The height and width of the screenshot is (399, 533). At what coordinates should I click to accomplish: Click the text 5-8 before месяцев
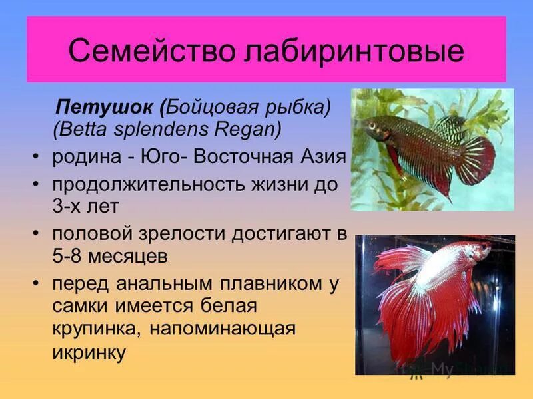point(69,256)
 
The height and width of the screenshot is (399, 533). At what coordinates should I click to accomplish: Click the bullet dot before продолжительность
point(35,182)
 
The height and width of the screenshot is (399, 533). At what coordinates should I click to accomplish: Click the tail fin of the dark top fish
point(476,160)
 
